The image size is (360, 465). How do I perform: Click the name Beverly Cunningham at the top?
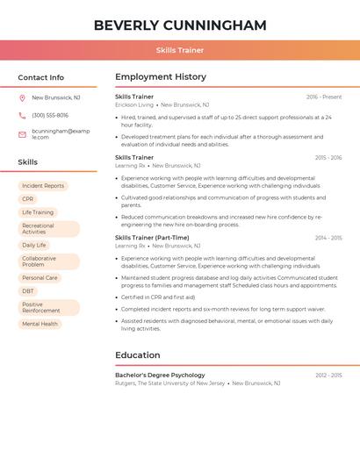(x=180, y=25)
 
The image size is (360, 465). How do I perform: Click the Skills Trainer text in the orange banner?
(x=180, y=50)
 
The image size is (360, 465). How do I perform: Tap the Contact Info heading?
(x=41, y=77)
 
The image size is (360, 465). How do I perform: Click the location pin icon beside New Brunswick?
(x=22, y=98)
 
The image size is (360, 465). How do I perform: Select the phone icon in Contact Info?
(x=22, y=116)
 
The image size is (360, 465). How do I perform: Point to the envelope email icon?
(x=22, y=134)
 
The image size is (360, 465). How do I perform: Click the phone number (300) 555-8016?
(x=50, y=116)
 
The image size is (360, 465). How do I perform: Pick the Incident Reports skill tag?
(x=43, y=186)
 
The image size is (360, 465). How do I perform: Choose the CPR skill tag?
(x=28, y=199)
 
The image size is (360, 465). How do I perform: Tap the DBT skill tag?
(x=28, y=291)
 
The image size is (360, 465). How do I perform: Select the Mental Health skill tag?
(x=40, y=324)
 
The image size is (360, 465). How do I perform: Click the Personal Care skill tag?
(x=40, y=278)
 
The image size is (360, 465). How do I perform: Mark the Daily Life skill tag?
(x=34, y=245)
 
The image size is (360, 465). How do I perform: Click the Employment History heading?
(x=161, y=77)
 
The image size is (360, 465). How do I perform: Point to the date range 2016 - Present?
(x=324, y=97)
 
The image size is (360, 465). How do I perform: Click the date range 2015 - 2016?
(x=328, y=158)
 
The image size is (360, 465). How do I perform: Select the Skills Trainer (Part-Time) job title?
(x=152, y=238)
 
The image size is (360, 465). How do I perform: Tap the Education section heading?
(x=138, y=355)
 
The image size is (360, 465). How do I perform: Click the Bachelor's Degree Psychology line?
(x=160, y=375)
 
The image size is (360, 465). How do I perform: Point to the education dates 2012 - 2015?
(x=328, y=375)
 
